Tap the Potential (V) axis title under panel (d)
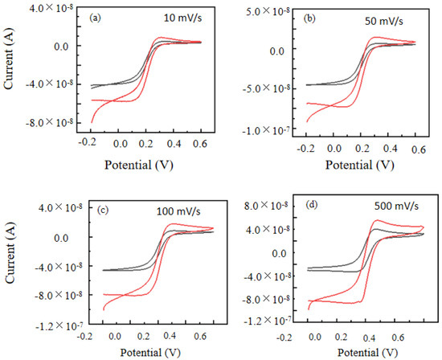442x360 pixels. click(x=360, y=353)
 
